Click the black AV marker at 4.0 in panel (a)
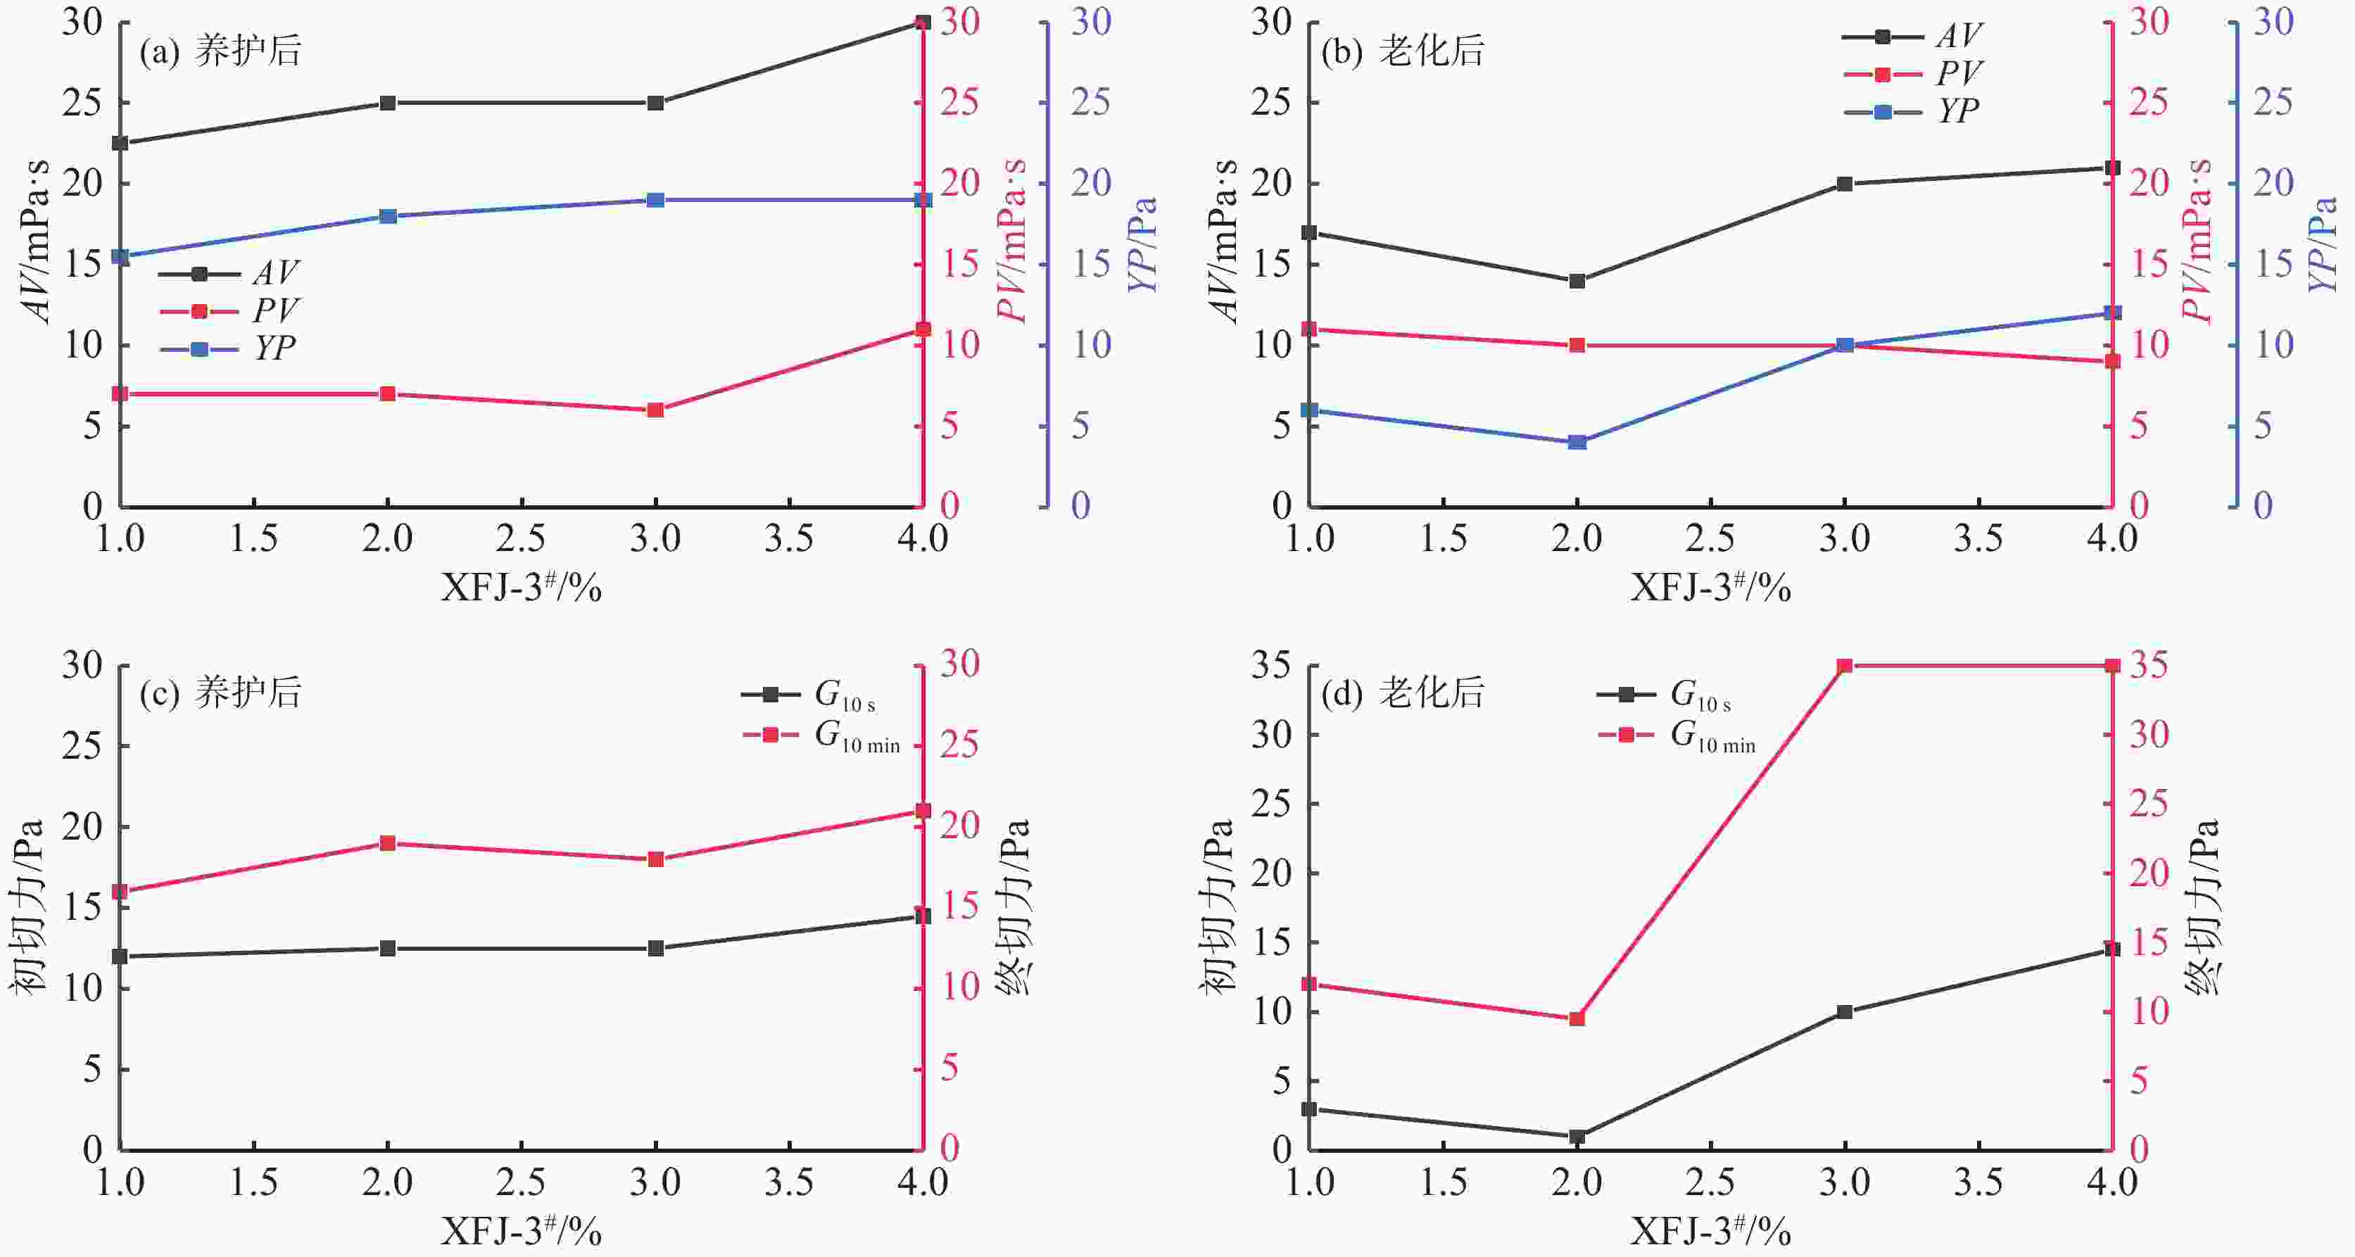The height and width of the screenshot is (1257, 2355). [923, 22]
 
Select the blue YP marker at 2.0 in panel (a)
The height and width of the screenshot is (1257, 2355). [388, 217]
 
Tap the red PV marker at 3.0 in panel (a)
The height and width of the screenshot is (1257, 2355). [655, 410]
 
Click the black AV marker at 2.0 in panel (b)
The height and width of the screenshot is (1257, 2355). [1577, 281]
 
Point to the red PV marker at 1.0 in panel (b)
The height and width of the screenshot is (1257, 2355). [1309, 329]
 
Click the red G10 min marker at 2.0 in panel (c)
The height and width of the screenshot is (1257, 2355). [388, 843]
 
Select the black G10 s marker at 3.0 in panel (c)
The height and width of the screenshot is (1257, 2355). [655, 948]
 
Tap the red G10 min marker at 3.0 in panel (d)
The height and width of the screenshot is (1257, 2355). [1845, 666]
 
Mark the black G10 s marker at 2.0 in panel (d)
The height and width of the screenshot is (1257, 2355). [1577, 1137]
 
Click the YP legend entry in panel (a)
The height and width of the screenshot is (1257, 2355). [229, 348]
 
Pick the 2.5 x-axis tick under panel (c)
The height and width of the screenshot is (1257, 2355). [521, 1183]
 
